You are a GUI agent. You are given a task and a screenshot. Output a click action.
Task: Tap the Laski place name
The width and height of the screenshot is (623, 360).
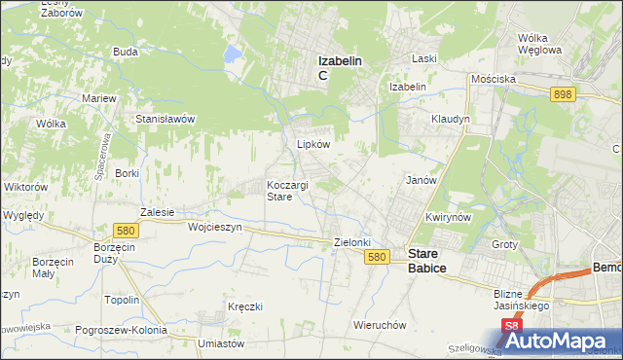coord(423,58)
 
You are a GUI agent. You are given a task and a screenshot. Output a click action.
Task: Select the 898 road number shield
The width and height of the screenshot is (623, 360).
coord(561,93)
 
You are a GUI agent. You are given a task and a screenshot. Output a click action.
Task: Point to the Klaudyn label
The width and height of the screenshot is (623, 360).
coord(451,119)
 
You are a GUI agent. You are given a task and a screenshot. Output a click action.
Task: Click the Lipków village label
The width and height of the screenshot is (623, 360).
coord(313,143)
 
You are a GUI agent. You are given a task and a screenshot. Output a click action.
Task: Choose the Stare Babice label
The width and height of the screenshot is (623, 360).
coord(427,258)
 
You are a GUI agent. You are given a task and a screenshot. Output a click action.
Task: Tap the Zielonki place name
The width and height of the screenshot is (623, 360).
coord(353,242)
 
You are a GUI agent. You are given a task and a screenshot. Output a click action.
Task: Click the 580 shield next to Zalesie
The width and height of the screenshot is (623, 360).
coord(125,231)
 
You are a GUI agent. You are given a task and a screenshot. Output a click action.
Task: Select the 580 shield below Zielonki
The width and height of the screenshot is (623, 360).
coord(380,257)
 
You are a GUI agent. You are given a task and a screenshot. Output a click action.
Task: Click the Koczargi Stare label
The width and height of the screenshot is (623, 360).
coord(287,191)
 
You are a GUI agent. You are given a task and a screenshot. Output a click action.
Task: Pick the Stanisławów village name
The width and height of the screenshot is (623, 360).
coord(166,119)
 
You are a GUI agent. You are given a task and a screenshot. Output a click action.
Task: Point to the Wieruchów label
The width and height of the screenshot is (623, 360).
coord(380,325)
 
